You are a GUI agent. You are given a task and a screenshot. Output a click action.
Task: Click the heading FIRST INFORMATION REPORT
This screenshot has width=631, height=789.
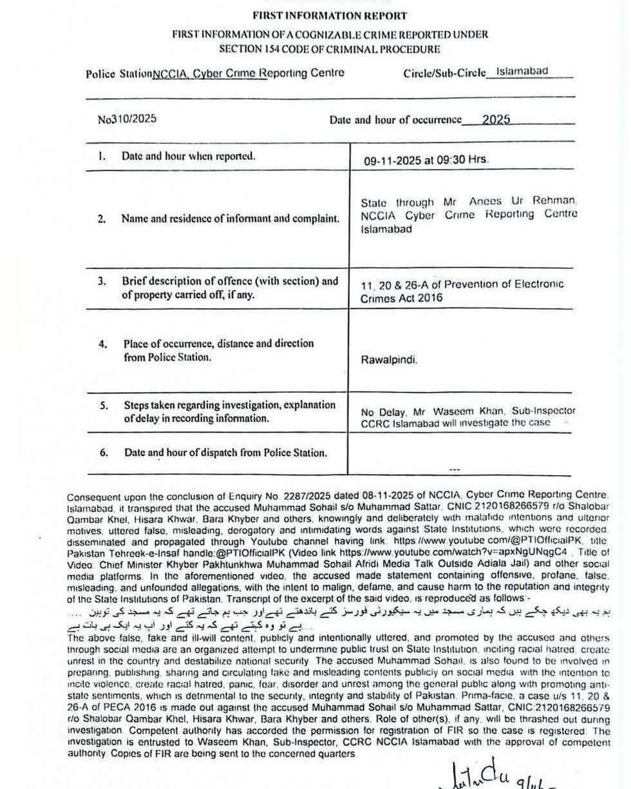pyautogui.click(x=329, y=15)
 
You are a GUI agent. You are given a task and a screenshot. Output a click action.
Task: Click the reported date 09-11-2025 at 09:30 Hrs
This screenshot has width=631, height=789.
pyautogui.click(x=426, y=159)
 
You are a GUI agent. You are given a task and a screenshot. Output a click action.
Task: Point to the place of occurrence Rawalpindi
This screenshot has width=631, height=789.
pyautogui.click(x=389, y=360)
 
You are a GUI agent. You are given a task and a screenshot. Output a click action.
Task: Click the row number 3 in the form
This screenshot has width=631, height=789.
pyautogui.click(x=102, y=281)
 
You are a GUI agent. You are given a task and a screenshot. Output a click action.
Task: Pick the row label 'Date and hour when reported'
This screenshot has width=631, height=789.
pyautogui.click(x=188, y=156)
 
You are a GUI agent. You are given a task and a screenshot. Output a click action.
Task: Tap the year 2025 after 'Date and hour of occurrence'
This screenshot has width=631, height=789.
pyautogui.click(x=496, y=119)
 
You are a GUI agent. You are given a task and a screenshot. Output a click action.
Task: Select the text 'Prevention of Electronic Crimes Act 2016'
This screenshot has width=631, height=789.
pyautogui.click(x=462, y=291)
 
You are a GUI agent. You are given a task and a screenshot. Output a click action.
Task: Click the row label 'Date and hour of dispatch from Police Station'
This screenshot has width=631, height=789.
pyautogui.click(x=225, y=452)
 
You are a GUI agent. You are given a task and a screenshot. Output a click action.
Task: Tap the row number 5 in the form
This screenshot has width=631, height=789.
pyautogui.click(x=104, y=406)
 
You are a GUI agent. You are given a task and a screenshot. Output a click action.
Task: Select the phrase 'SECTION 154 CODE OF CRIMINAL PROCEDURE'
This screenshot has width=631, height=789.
pyautogui.click(x=329, y=49)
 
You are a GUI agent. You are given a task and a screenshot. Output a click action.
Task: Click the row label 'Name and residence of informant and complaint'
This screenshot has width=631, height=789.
pyautogui.click(x=231, y=218)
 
